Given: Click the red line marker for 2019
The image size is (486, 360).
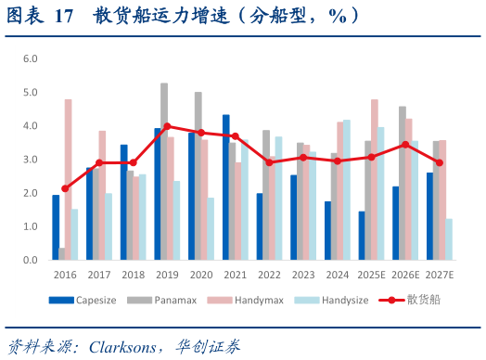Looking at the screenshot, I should tap(167, 126).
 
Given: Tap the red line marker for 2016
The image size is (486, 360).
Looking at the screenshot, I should tap(65, 188).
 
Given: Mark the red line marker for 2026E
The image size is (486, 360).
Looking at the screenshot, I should tap(405, 144).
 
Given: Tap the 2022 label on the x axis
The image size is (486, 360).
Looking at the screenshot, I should tap(269, 275).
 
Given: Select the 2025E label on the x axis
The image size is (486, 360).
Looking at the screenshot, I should tap(371, 275).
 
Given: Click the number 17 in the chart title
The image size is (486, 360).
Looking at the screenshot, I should tap(64, 17).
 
